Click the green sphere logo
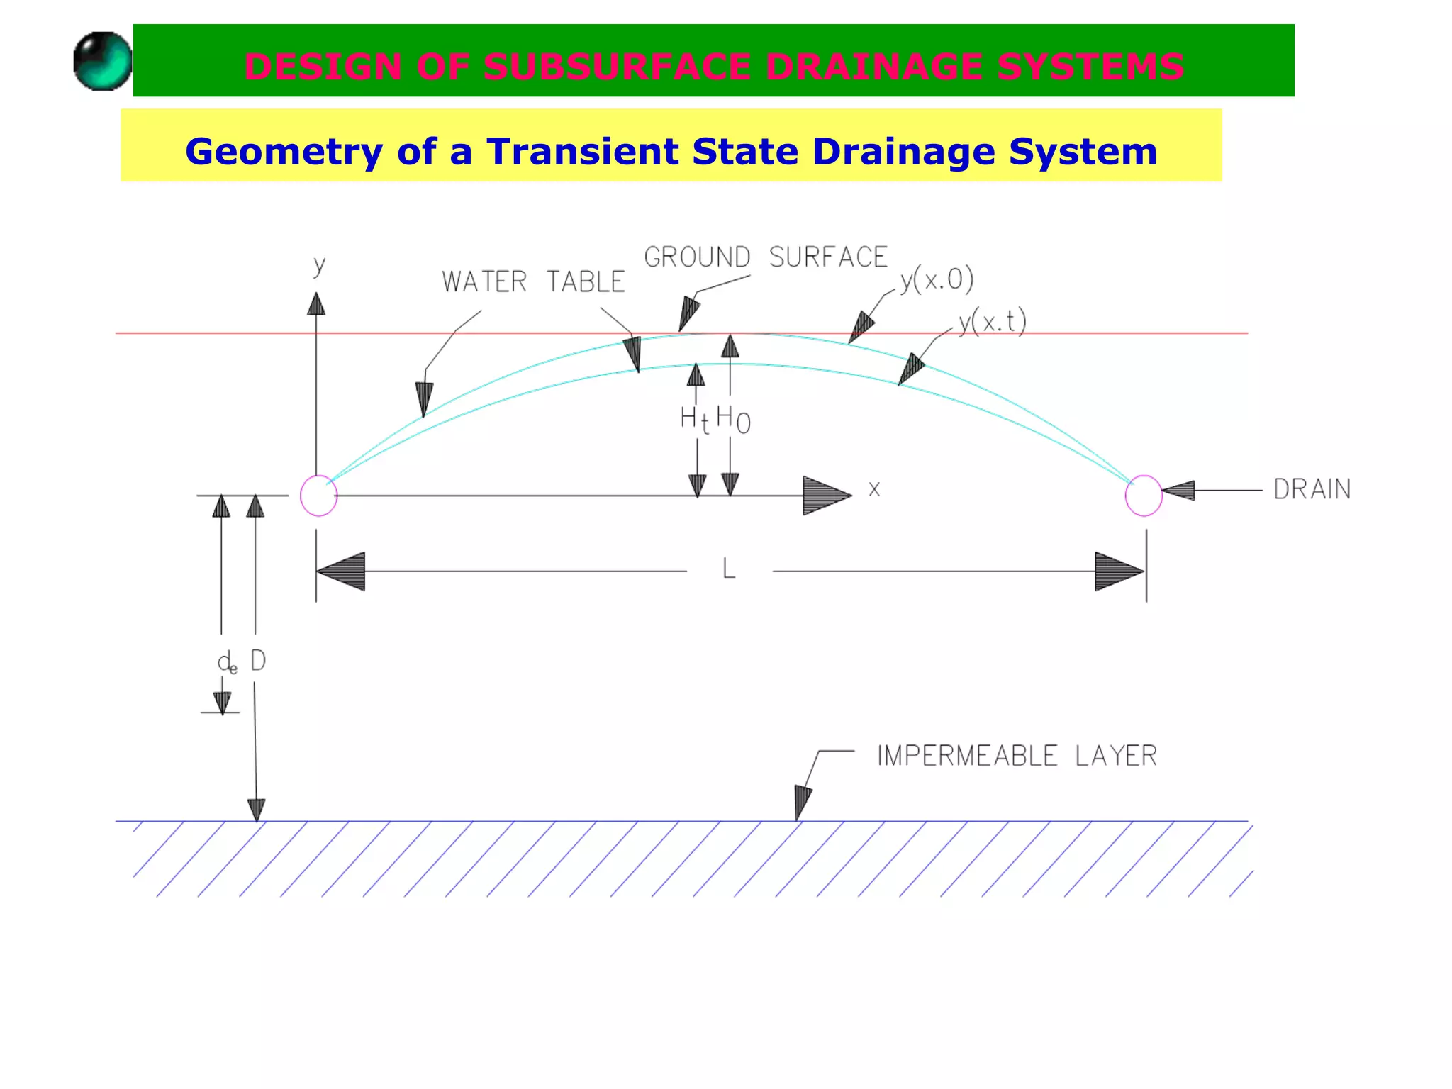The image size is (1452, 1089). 103,61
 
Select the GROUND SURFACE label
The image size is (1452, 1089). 766,257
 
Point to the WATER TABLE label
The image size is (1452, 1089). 533,282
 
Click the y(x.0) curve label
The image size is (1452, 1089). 937,280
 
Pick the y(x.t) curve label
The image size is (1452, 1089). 992,323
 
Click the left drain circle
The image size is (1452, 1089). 318,496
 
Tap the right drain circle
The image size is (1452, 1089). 1143,496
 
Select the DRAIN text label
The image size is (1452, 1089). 1312,489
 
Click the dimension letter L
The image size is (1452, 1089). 729,569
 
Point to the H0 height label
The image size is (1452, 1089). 733,419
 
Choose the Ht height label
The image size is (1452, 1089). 694,420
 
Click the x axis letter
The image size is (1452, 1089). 874,489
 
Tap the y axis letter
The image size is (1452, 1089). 320,266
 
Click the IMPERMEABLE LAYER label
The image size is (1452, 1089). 1017,756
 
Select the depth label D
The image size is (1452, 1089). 258,661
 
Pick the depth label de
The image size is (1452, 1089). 227,663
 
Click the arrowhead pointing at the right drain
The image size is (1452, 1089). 1178,490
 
